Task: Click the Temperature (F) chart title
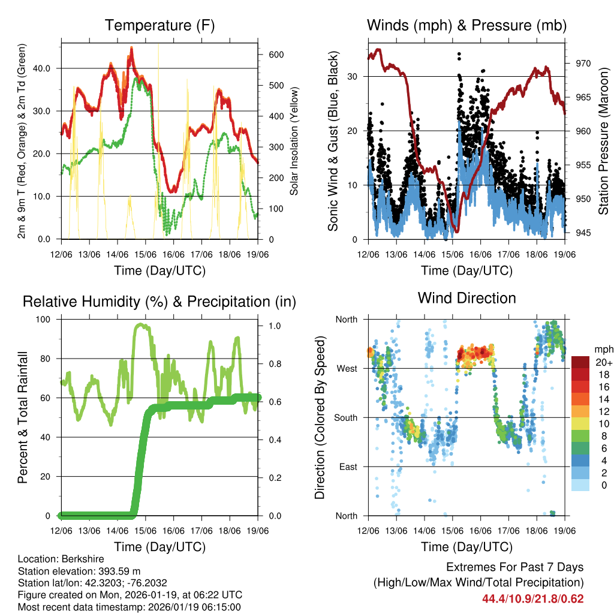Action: coord(159,26)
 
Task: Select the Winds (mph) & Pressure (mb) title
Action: coord(466,26)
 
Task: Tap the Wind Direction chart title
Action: coord(466,298)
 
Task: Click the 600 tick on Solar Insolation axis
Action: coord(275,55)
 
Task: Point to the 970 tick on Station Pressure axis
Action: coord(583,63)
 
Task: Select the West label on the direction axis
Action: coord(346,369)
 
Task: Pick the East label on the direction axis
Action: coord(347,466)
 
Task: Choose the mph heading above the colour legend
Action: coord(603,350)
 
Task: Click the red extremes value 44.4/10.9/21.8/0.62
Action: coord(532,598)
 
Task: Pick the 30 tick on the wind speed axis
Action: coord(355,76)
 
